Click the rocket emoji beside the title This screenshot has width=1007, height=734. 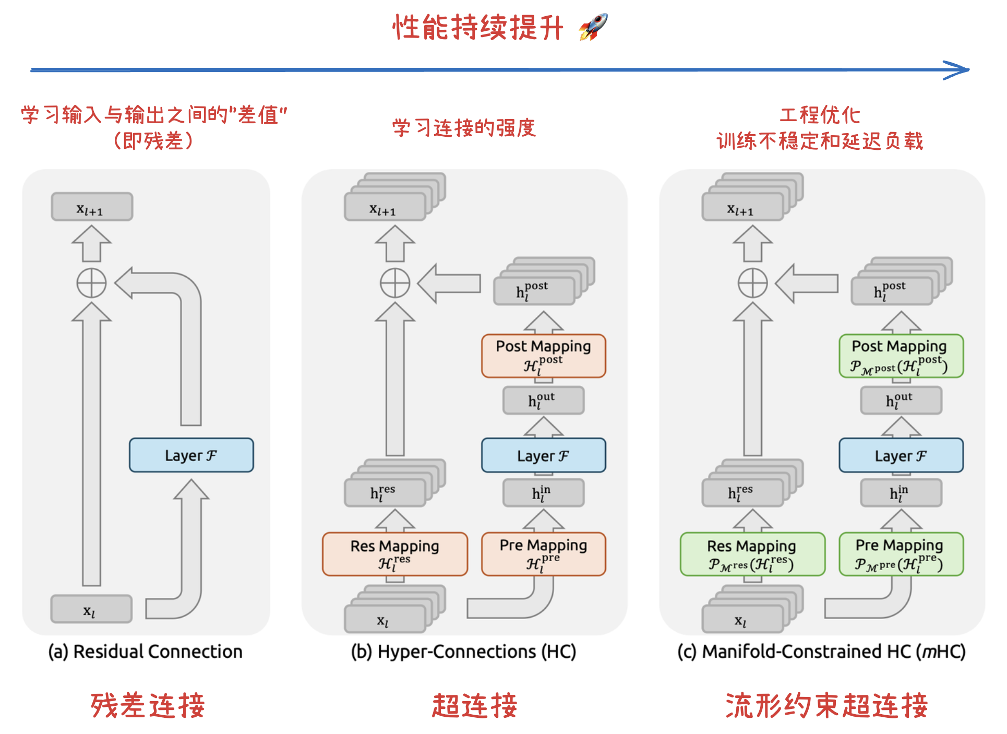(594, 27)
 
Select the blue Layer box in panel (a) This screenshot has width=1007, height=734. (191, 455)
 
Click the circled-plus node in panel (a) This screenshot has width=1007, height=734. (91, 283)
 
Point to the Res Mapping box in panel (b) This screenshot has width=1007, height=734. (395, 554)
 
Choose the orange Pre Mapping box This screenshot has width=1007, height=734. (543, 554)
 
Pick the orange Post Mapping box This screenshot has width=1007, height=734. (543, 356)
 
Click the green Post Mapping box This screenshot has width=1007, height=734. (901, 356)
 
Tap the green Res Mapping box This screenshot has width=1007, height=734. (752, 554)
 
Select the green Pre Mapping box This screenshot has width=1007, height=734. (901, 554)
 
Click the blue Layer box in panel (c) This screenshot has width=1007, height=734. (901, 455)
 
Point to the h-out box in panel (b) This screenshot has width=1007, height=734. (543, 400)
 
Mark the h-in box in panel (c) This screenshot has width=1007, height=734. (901, 493)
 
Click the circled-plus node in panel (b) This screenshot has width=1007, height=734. (395, 283)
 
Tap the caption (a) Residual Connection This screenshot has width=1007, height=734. (145, 652)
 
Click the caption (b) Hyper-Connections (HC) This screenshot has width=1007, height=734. (463, 652)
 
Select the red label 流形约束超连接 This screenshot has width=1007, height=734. (826, 705)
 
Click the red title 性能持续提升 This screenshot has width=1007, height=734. (478, 27)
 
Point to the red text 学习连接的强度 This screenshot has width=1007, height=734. (464, 128)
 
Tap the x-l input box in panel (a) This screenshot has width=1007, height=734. (91, 609)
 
